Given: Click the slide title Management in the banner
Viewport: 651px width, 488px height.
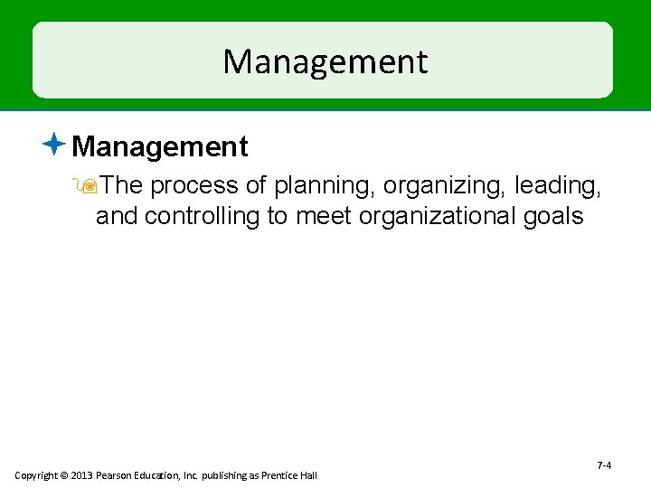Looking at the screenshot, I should (325, 61).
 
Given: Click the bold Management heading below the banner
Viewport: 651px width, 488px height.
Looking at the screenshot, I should (159, 146).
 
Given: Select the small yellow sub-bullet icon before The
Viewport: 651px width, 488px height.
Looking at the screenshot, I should (88, 186).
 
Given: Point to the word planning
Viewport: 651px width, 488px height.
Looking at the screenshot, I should (324, 185).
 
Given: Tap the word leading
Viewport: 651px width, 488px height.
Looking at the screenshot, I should (559, 185).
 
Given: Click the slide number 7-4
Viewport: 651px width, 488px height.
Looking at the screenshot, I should (604, 465).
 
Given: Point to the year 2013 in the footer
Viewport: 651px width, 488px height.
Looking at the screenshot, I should (80, 475).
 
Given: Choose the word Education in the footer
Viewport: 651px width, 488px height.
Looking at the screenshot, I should (156, 475).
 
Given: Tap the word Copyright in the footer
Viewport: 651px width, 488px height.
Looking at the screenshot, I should (34, 475).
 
